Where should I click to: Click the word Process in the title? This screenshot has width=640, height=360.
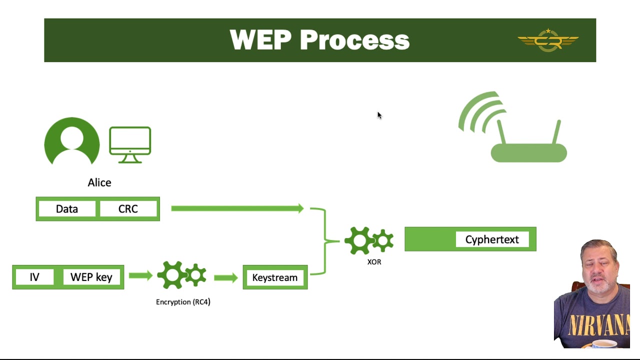pos(354,40)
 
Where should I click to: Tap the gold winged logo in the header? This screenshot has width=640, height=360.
pos(548,40)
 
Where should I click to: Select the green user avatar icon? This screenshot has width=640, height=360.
pos(72,141)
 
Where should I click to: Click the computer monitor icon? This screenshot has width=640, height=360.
pos(130,144)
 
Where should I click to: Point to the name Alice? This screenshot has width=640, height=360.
pos(99,182)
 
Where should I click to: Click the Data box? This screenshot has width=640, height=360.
pos(67,209)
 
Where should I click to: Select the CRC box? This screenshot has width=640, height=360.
pos(128,209)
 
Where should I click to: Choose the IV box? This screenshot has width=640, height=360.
pos(34,277)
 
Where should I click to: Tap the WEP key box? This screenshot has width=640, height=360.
pos(91,277)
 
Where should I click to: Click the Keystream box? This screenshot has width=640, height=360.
pos(275,277)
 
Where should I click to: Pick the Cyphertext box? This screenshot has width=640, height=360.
pos(492,239)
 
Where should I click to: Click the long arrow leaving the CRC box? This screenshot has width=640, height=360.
pos(237,208)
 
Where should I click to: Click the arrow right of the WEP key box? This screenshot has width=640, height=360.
pos(140,275)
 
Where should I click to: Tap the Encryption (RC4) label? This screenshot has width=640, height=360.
pos(183,302)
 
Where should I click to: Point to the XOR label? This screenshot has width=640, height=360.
pos(374,262)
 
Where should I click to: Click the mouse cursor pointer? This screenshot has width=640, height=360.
pos(379,115)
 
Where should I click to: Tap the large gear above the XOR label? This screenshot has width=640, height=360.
pos(359,240)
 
